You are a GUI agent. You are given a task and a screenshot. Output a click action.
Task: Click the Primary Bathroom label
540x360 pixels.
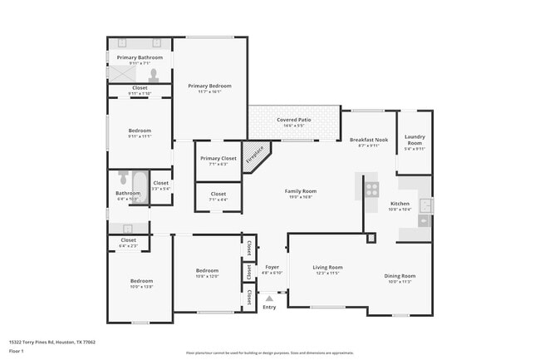pyautogui.click(x=140, y=57)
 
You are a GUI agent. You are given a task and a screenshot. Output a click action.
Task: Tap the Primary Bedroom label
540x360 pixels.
pyautogui.click(x=209, y=86)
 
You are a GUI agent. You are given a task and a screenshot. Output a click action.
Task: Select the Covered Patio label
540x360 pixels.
pyautogui.click(x=294, y=120)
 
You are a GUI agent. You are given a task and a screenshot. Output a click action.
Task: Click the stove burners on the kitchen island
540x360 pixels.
pyautogui.click(x=371, y=190)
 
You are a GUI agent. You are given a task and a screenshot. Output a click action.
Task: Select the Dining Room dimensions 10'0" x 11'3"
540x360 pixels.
pyautogui.click(x=400, y=282)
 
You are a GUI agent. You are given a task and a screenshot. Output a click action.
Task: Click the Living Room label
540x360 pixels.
pyautogui.click(x=327, y=268)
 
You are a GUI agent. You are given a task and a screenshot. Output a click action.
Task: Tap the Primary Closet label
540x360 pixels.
pyautogui.click(x=218, y=158)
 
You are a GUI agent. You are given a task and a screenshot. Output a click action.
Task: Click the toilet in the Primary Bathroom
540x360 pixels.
pyautogui.click(x=154, y=73)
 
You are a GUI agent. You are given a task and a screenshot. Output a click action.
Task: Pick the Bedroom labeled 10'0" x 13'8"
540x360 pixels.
pyautogui.click(x=141, y=281)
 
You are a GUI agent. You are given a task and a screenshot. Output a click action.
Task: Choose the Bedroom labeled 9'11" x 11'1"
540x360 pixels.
pyautogui.click(x=140, y=131)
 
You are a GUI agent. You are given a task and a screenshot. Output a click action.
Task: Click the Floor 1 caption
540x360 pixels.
pyautogui.click(x=17, y=352)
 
